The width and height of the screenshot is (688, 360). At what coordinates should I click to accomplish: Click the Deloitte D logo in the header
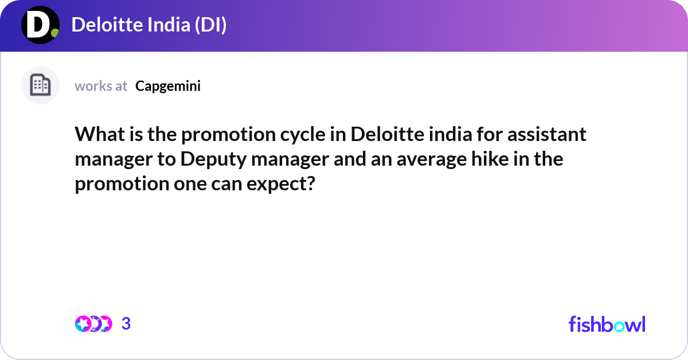point(40,26)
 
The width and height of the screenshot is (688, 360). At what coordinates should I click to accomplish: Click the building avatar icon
point(40,85)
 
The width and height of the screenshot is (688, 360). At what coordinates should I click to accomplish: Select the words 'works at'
point(101,86)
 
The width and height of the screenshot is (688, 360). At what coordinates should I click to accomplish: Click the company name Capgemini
point(168,86)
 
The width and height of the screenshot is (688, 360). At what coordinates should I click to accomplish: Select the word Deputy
point(212,159)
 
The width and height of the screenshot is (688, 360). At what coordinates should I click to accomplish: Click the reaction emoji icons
point(93,324)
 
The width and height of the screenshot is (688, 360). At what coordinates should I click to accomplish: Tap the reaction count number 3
point(126,324)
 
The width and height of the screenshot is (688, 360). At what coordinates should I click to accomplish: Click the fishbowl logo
point(607,324)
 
